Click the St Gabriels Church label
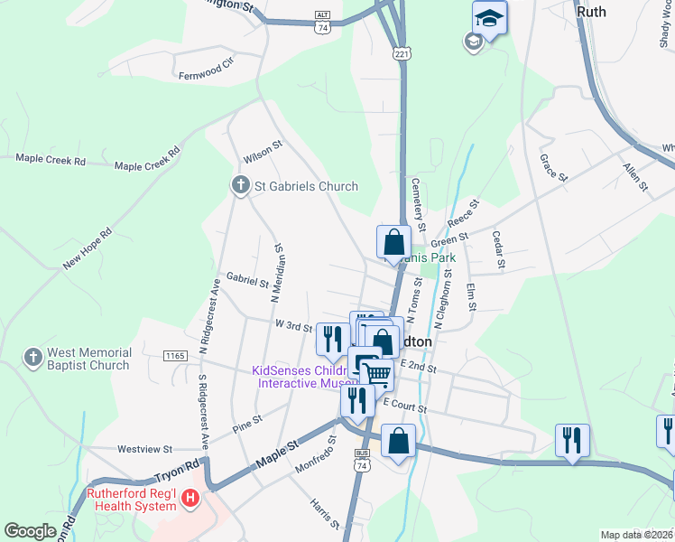click(306, 187)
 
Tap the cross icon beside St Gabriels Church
click(240, 186)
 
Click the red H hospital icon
click(190, 498)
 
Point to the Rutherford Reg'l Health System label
click(131, 500)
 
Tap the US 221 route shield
click(402, 55)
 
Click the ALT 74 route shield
click(322, 23)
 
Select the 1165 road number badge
click(175, 357)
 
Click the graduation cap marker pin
click(489, 19)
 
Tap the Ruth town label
click(590, 12)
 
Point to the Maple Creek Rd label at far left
click(51, 161)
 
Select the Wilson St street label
click(264, 149)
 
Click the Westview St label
click(144, 449)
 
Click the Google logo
click(30, 531)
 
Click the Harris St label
click(324, 513)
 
